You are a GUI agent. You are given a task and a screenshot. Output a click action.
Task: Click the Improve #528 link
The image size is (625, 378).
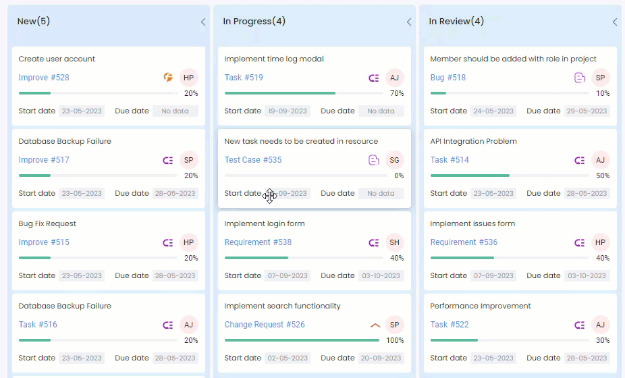44,78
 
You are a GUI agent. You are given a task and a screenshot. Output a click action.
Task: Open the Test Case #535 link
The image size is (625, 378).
253,160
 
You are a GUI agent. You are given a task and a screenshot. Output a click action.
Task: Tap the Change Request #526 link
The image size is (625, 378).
265,325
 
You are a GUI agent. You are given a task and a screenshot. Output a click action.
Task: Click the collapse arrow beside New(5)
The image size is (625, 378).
202,22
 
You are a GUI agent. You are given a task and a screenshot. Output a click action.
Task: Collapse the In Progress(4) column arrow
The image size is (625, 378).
408,22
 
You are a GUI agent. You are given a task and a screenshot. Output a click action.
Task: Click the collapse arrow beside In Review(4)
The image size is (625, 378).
614,22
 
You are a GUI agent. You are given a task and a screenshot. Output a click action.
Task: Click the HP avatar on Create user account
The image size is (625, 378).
189,78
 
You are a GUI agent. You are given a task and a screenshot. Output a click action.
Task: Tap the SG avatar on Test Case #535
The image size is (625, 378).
395,160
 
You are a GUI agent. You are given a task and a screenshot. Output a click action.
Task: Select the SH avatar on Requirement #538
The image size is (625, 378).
395,242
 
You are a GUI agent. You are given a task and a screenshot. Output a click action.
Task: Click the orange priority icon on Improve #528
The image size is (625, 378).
168,78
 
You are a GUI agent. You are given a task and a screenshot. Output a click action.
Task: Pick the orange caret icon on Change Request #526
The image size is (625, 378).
375,325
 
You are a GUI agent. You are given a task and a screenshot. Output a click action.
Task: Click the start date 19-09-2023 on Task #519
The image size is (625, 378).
288,111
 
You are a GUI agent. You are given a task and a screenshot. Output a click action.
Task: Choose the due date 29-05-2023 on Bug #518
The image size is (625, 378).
587,111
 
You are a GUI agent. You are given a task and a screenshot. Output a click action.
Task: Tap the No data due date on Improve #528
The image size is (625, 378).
175,111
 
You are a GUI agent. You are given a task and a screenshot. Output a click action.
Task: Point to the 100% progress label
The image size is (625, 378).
395,340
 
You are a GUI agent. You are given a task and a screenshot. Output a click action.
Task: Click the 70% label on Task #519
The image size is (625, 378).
397,93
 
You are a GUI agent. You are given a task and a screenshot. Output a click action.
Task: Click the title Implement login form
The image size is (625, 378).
265,223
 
